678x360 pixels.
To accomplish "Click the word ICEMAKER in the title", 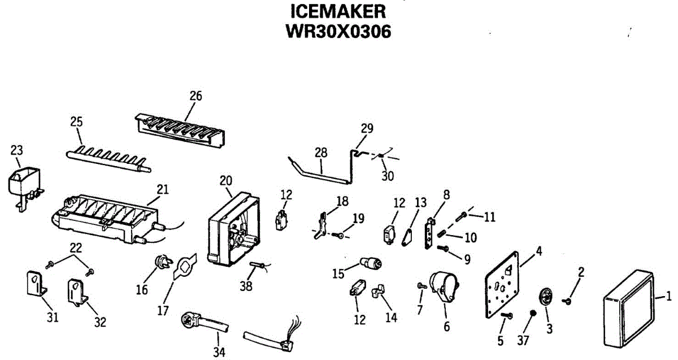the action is [339, 11].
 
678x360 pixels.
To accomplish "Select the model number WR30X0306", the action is [339, 31].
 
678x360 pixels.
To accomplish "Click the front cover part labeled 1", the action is [627, 308].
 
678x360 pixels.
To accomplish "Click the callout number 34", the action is [219, 353].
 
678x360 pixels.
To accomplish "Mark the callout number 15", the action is [338, 274].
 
